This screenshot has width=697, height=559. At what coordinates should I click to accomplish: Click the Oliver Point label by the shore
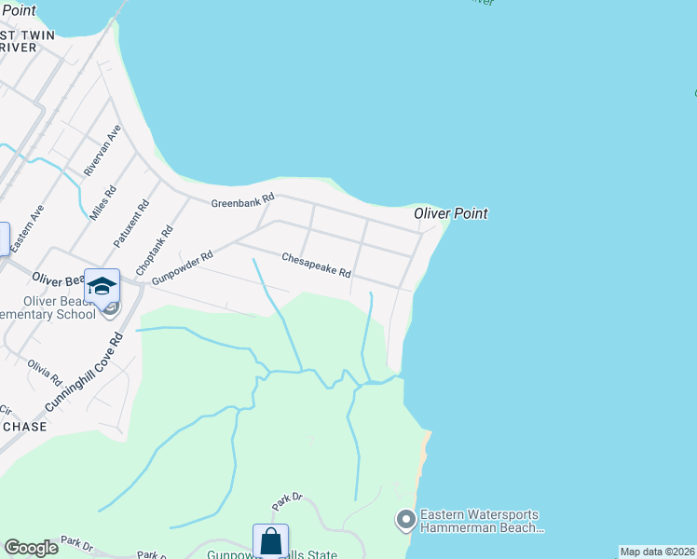[x=451, y=213]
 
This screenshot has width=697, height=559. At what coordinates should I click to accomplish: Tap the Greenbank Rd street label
[x=242, y=200]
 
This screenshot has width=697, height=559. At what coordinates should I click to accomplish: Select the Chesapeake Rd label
[x=316, y=266]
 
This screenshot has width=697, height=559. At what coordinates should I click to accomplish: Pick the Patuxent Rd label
[x=131, y=224]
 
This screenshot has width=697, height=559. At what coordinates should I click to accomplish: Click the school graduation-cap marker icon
[x=102, y=285]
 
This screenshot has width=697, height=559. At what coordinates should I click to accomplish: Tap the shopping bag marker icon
[x=270, y=540]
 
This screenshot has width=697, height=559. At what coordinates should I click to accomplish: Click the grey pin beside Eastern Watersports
[x=405, y=519]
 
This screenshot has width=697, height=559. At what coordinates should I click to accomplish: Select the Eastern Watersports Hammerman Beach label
[x=481, y=521]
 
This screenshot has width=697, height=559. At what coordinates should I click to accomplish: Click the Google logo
[x=31, y=548]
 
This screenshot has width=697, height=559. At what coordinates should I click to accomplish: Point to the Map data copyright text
[x=658, y=552]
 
